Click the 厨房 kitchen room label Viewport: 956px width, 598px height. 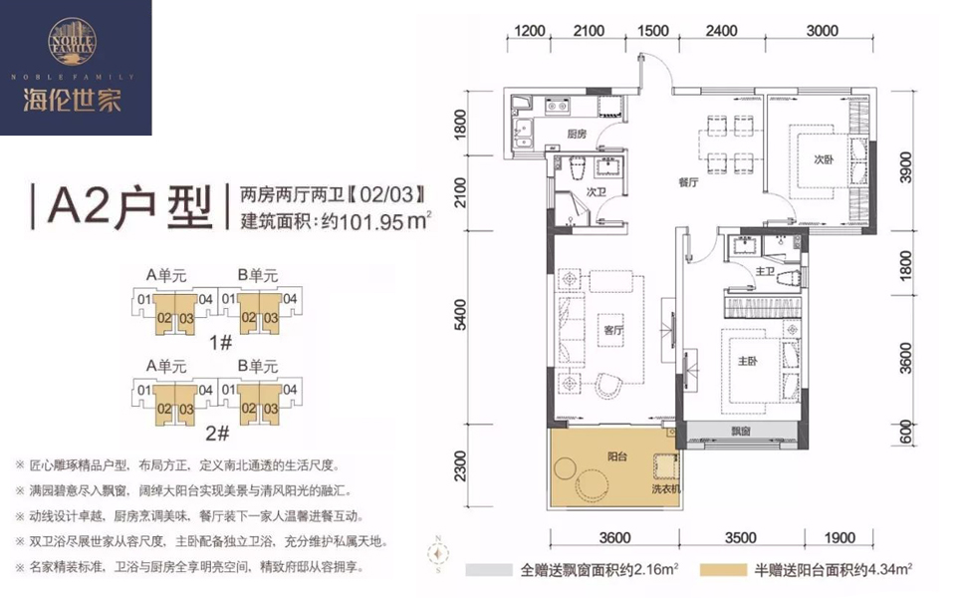[x=577, y=134]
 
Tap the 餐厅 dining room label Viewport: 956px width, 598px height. [x=688, y=181]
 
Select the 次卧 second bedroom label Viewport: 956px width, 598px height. [x=824, y=159]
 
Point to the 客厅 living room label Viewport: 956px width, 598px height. [x=613, y=330]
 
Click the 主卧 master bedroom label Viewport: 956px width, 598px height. [x=748, y=361]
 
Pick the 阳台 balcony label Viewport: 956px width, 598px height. [x=617, y=455]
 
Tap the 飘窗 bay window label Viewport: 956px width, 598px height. [x=741, y=431]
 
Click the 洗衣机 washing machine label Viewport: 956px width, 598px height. [x=666, y=488]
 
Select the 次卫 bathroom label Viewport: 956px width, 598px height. [x=596, y=191]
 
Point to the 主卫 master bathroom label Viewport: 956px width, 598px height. [x=765, y=271]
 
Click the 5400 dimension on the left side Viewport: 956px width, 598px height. [x=460, y=315]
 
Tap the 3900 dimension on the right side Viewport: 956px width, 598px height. [x=906, y=166]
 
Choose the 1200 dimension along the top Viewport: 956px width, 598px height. [x=529, y=31]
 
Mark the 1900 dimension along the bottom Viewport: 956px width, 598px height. [x=839, y=537]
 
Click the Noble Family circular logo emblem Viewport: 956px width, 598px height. [x=72, y=42]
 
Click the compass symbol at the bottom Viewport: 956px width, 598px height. [x=438, y=553]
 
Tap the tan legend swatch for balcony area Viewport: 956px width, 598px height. [x=723, y=570]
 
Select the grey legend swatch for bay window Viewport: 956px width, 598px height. [x=489, y=570]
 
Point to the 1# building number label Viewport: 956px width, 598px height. [x=220, y=342]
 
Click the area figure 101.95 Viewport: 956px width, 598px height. [x=370, y=221]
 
